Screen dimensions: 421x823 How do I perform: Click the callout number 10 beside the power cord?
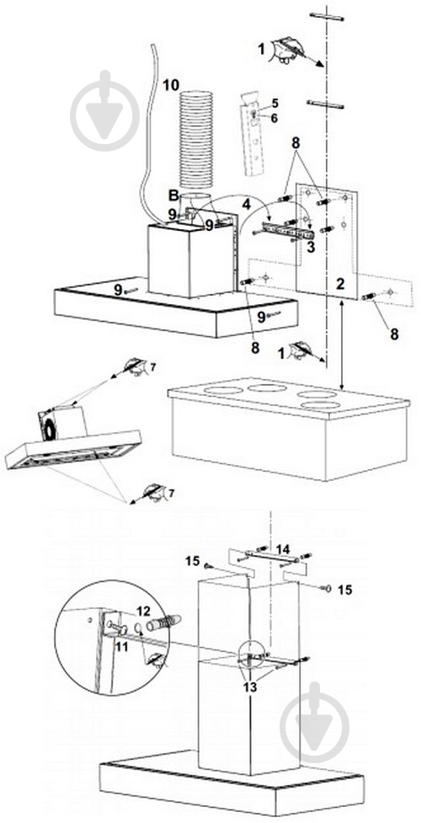(171, 84)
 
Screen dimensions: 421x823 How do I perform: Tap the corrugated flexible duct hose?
(196, 140)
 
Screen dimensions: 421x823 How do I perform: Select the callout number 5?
(274, 104)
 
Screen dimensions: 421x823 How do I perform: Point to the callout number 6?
(274, 118)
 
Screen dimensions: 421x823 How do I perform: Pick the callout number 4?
(245, 203)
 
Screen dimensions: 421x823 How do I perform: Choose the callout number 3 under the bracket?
(312, 247)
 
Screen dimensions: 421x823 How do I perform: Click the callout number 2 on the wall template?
(340, 285)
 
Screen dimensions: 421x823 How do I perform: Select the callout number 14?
(283, 549)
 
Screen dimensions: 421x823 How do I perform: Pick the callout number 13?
(250, 687)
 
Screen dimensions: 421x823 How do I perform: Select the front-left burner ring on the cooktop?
(224, 390)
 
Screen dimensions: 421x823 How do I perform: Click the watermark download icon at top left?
(105, 110)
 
